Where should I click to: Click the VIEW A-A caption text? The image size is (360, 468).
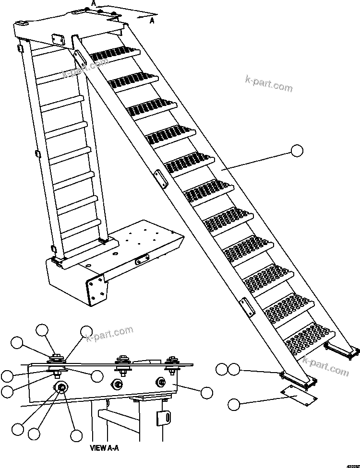104,448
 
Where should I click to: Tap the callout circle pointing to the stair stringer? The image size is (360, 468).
297,151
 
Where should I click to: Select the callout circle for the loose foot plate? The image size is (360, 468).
234,404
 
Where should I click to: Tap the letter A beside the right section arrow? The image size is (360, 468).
152,20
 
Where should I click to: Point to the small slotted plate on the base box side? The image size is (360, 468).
142,260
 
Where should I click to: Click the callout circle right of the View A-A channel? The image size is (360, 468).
207,393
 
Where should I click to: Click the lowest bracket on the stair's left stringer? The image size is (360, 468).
247,307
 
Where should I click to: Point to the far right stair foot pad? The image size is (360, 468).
342,350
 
